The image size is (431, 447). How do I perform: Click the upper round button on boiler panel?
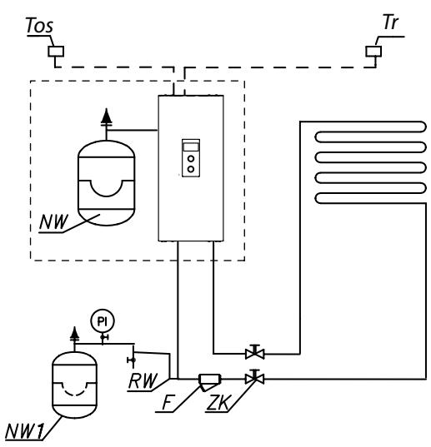point(191,156)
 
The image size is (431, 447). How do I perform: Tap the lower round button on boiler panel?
point(191,169)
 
